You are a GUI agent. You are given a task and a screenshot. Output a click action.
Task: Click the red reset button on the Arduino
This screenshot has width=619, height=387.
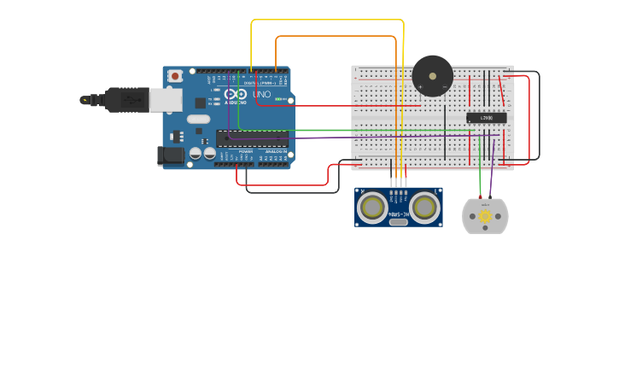[x=175, y=76]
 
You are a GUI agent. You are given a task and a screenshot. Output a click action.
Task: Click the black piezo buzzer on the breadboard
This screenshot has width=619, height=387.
[x=432, y=76]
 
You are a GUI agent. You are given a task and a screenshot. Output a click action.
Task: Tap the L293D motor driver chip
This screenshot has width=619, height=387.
[x=486, y=118]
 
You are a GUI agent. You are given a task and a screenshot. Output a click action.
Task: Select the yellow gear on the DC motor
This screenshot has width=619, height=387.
[x=485, y=216]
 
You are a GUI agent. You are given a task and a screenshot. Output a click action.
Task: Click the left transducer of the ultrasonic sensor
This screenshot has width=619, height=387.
[x=372, y=207]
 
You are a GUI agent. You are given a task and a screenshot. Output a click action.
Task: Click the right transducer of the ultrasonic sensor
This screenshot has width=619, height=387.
[x=424, y=207]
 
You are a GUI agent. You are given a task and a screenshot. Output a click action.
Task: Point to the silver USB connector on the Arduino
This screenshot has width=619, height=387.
[x=166, y=100]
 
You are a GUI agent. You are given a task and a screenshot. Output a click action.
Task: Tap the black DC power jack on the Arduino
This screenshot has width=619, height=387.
[x=171, y=155]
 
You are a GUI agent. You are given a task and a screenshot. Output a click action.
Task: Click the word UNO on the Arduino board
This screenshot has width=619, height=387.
[x=262, y=94]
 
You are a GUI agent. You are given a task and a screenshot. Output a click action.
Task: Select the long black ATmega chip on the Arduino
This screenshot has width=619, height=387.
[x=251, y=138]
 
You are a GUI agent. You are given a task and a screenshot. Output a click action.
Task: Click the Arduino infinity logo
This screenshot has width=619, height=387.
[x=237, y=94]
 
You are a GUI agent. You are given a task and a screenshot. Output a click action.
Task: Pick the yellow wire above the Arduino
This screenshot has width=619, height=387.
[x=324, y=20]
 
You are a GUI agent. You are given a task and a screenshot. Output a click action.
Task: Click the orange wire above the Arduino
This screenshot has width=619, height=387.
[x=333, y=37]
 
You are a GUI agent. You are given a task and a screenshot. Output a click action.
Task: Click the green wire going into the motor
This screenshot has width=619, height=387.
[x=480, y=175]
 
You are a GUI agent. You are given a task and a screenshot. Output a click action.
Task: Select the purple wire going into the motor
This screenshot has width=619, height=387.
[x=491, y=175]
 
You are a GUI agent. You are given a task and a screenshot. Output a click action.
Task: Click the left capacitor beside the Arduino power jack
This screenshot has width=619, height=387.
[x=196, y=154]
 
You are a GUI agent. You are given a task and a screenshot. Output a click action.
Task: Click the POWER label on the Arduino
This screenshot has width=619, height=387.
[x=246, y=151]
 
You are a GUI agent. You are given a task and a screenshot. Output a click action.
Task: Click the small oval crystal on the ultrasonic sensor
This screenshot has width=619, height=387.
[x=398, y=222]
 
